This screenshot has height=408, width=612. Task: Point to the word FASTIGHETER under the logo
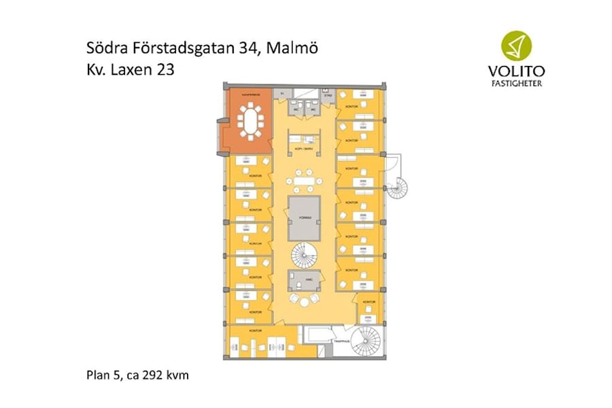pyautogui.click(x=516, y=84)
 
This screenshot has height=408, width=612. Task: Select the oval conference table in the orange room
pyautogui.click(x=251, y=121)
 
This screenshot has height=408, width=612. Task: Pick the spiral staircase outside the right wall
pyautogui.click(x=396, y=185)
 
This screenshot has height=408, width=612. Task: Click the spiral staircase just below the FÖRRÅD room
pyautogui.click(x=304, y=256)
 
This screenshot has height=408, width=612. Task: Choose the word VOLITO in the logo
pyautogui.click(x=516, y=70)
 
